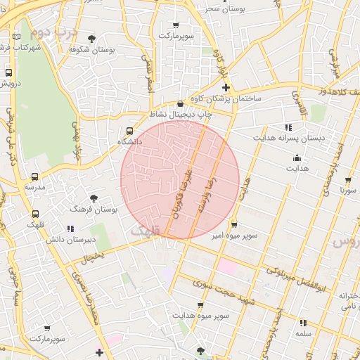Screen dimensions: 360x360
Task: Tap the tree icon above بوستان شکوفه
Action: [92, 39]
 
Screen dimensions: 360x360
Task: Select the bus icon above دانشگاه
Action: [129, 131]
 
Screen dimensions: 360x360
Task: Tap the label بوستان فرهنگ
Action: [94, 210]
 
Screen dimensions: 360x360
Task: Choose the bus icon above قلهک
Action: [35, 214]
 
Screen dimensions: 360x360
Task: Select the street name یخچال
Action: [93, 258]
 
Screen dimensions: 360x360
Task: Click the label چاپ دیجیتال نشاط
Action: [181, 114]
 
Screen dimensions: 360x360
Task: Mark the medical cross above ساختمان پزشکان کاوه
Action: [226, 88]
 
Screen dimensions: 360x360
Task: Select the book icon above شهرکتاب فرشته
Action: [17, 37]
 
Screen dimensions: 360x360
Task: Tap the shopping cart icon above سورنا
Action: [347, 179]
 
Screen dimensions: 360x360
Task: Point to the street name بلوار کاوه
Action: [220, 63]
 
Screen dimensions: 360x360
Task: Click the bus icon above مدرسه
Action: [35, 177]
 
